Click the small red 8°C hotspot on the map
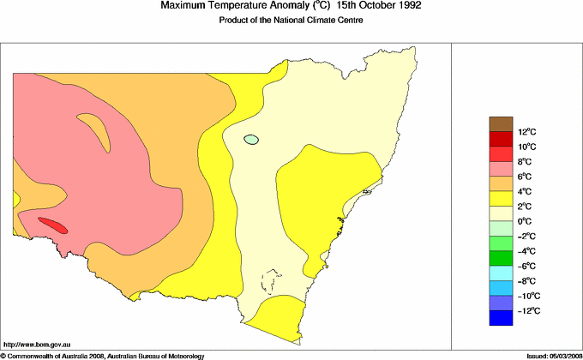coord(52,225)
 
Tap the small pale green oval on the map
coord(251,139)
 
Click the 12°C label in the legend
coord(502,132)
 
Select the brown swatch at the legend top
coord(502,123)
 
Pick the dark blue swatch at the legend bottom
coord(502,318)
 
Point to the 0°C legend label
coord(501,221)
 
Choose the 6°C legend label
coord(501,177)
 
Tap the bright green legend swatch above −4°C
coord(502,243)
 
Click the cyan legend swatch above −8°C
coord(502,273)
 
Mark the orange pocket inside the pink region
coord(95,132)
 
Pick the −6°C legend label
coord(502,266)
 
